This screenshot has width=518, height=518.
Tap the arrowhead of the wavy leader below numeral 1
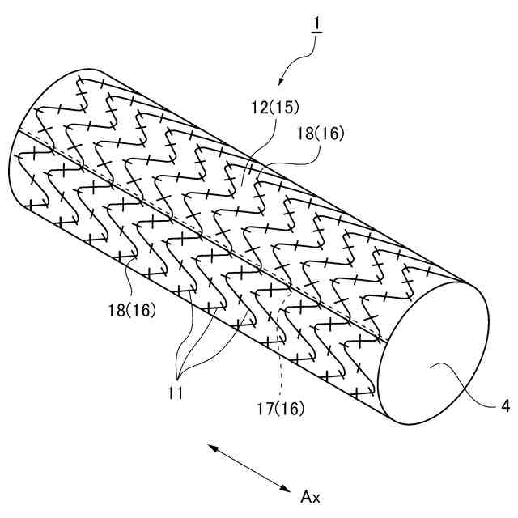[x=281, y=83]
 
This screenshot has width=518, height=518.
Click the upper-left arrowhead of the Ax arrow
[x=209, y=445]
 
